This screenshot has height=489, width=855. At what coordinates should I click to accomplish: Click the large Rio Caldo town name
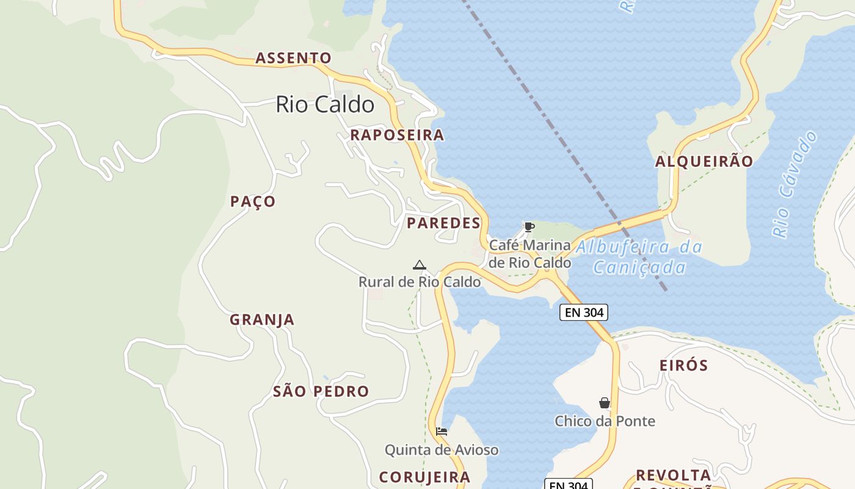(x=325, y=105)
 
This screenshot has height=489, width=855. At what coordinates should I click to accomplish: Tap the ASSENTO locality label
(x=293, y=58)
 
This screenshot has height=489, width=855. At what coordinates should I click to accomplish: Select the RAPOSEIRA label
(x=397, y=135)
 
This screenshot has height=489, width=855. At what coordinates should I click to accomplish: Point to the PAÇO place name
(x=253, y=202)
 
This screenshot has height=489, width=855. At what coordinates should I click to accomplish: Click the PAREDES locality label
(x=444, y=223)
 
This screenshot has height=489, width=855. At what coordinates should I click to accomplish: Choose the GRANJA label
(x=262, y=320)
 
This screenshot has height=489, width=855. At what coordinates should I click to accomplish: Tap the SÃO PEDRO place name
(x=321, y=392)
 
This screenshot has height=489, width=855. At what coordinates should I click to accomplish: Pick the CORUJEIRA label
(x=424, y=477)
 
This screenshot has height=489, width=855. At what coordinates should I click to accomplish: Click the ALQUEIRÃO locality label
(x=704, y=162)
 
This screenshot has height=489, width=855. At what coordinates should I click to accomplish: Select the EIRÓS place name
(x=684, y=366)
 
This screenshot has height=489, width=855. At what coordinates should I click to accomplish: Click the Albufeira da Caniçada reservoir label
(x=639, y=257)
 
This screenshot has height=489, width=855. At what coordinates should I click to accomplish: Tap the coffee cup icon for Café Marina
(x=529, y=227)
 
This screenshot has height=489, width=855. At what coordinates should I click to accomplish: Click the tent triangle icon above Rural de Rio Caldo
(x=419, y=265)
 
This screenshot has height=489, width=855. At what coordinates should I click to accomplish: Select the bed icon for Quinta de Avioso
(x=442, y=432)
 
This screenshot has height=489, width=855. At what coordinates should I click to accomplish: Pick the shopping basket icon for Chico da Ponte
(x=605, y=403)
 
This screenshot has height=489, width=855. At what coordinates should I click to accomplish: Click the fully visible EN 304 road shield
(x=584, y=312)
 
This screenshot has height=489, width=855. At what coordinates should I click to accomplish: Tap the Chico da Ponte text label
(x=605, y=421)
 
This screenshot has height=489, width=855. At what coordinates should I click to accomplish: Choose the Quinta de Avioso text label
(x=442, y=450)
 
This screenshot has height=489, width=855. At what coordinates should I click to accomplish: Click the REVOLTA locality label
(x=673, y=475)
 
